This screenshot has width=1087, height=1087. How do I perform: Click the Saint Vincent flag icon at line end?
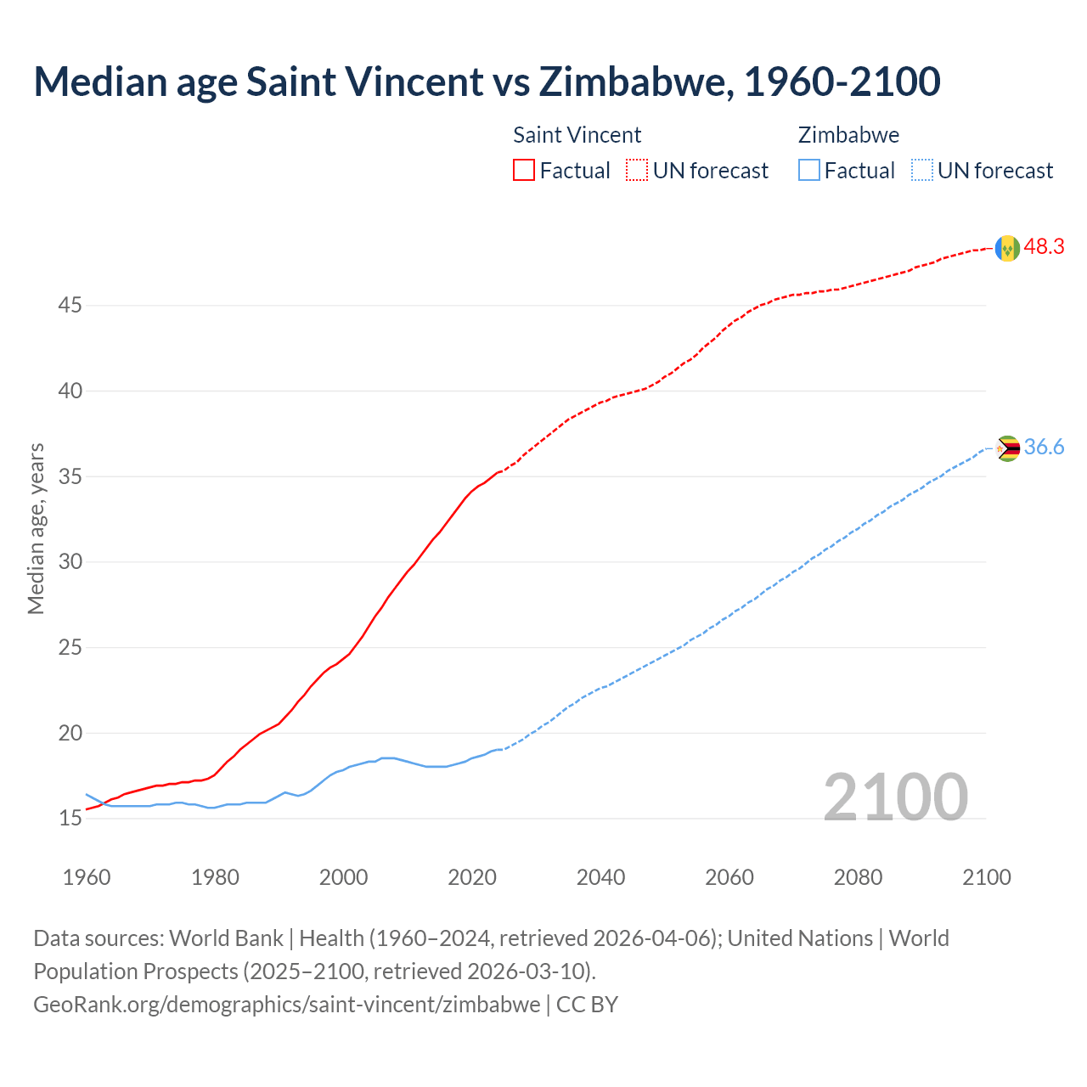(x=1007, y=248)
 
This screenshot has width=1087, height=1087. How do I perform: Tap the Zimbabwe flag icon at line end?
(x=1007, y=448)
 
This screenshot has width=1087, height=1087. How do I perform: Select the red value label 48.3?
(x=1044, y=247)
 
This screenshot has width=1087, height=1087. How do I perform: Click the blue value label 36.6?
(x=1044, y=448)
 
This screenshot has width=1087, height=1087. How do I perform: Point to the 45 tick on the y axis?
(x=70, y=305)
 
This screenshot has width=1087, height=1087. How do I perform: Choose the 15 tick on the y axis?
(x=70, y=819)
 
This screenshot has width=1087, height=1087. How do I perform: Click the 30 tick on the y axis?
(x=70, y=562)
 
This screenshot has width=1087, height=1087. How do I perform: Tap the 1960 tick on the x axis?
(x=87, y=877)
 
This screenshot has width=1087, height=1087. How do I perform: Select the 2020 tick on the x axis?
(x=472, y=877)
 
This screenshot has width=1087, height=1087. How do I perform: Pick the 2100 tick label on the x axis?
(x=986, y=877)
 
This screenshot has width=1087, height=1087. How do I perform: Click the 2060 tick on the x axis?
(x=729, y=877)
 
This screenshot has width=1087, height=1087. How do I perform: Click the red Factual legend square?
(x=524, y=171)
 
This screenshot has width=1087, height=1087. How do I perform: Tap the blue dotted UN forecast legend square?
(x=922, y=171)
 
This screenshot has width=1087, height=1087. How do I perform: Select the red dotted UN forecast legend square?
(x=637, y=171)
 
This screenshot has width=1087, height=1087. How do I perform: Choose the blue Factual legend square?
(x=809, y=171)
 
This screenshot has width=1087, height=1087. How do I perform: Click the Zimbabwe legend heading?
(x=848, y=135)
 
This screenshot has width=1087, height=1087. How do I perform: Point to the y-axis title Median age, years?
(x=36, y=528)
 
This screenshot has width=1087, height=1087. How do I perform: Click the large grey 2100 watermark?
(x=895, y=797)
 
